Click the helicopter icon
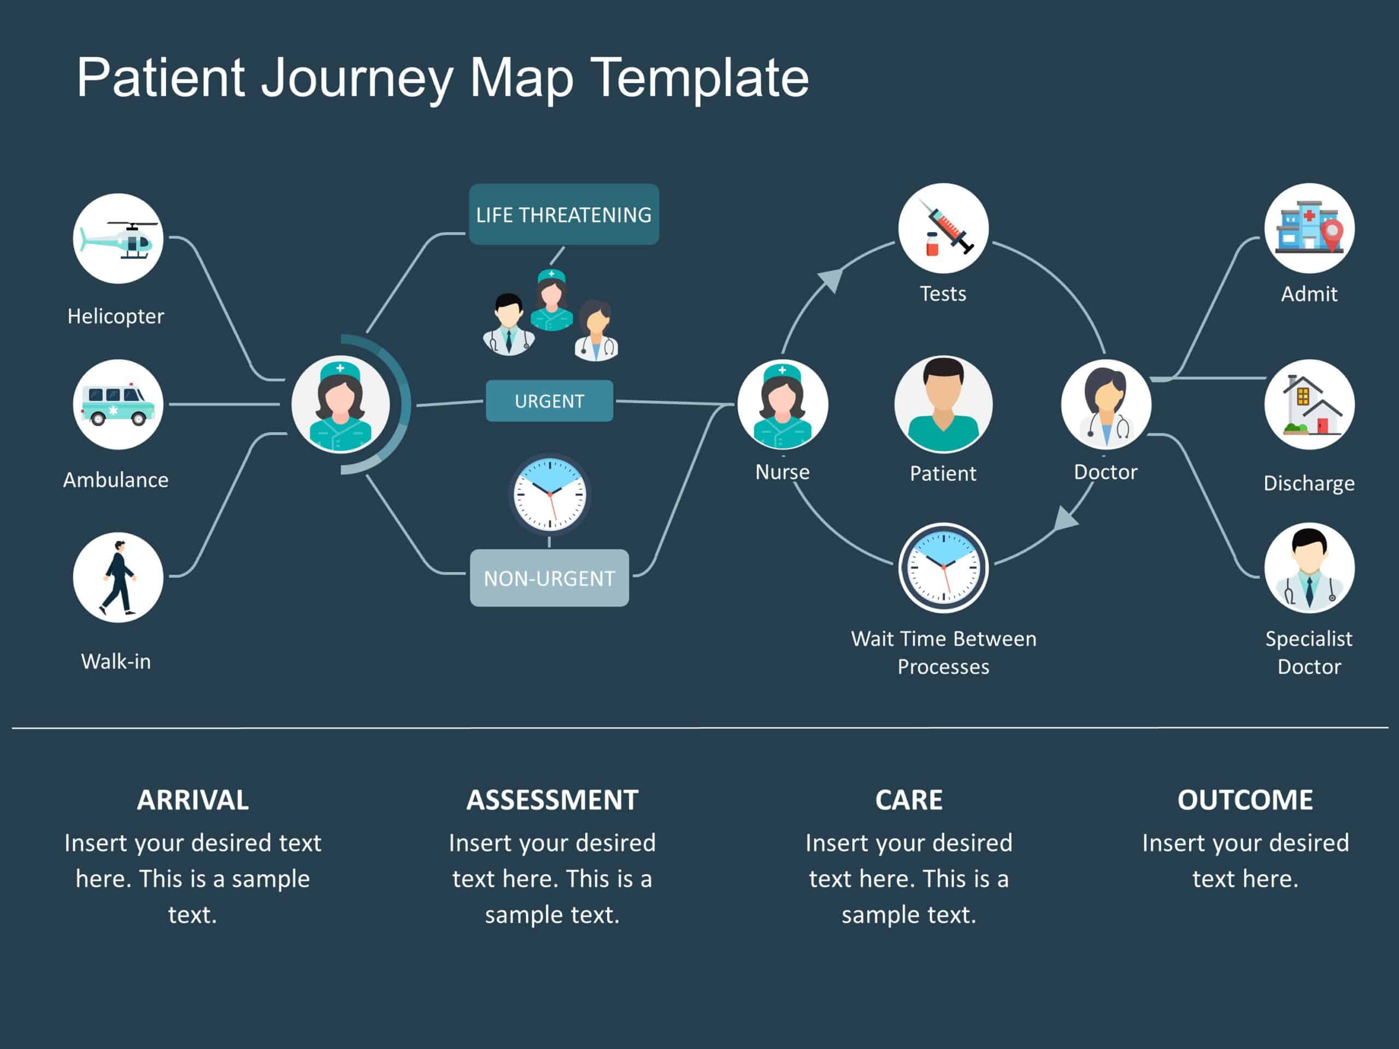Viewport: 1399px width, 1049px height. pyautogui.click(x=117, y=238)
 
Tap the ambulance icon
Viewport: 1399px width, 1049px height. pyautogui.click(x=117, y=405)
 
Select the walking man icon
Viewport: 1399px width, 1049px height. pyautogui.click(x=117, y=577)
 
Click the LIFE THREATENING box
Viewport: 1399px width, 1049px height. pyautogui.click(x=563, y=214)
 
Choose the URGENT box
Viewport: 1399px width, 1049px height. pyautogui.click(x=549, y=401)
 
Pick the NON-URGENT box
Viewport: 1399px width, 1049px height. pyautogui.click(x=549, y=578)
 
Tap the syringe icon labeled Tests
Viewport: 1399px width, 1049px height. pyautogui.click(x=943, y=228)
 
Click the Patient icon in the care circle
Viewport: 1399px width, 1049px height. pyautogui.click(x=943, y=405)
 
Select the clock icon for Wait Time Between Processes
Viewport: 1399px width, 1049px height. pyautogui.click(x=943, y=568)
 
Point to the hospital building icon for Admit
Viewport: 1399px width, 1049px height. pyautogui.click(x=1309, y=228)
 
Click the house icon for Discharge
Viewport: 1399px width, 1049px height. pyautogui.click(x=1309, y=405)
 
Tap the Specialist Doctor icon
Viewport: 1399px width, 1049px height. pyautogui.click(x=1309, y=568)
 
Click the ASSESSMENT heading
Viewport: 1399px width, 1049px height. pyautogui.click(x=552, y=800)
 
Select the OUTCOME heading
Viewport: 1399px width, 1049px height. pyautogui.click(x=1245, y=800)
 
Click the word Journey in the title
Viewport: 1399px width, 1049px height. pyautogui.click(x=357, y=79)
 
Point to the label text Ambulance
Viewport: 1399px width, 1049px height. pyautogui.click(x=116, y=480)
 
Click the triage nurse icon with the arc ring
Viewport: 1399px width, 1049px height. pyautogui.click(x=340, y=405)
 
